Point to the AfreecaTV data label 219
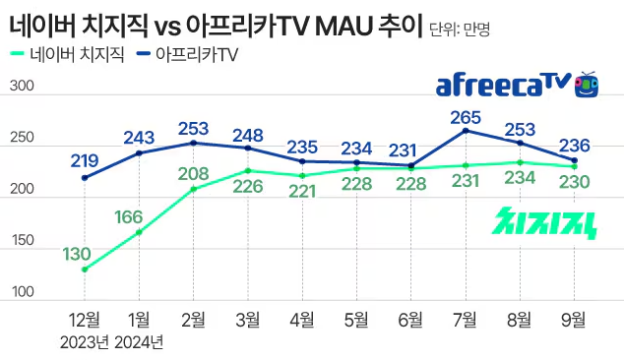coord(86,160)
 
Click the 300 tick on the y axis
coord(23,88)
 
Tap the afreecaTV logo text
coord(503,87)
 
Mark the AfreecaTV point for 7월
coord(466,130)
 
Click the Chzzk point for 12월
coord(85,269)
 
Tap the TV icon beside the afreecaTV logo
coord(587,85)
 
